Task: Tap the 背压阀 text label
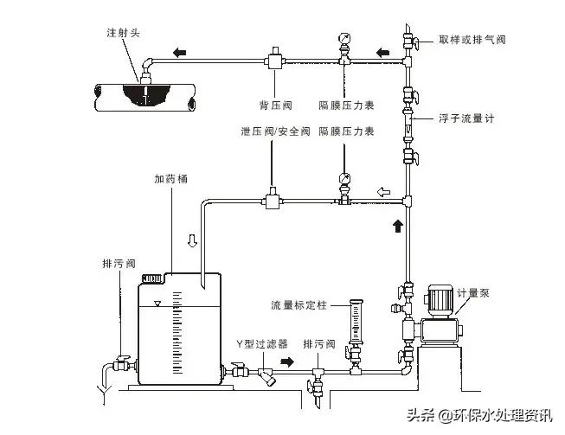(276, 106)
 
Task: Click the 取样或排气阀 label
(471, 39)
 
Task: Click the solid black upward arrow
(398, 227)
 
